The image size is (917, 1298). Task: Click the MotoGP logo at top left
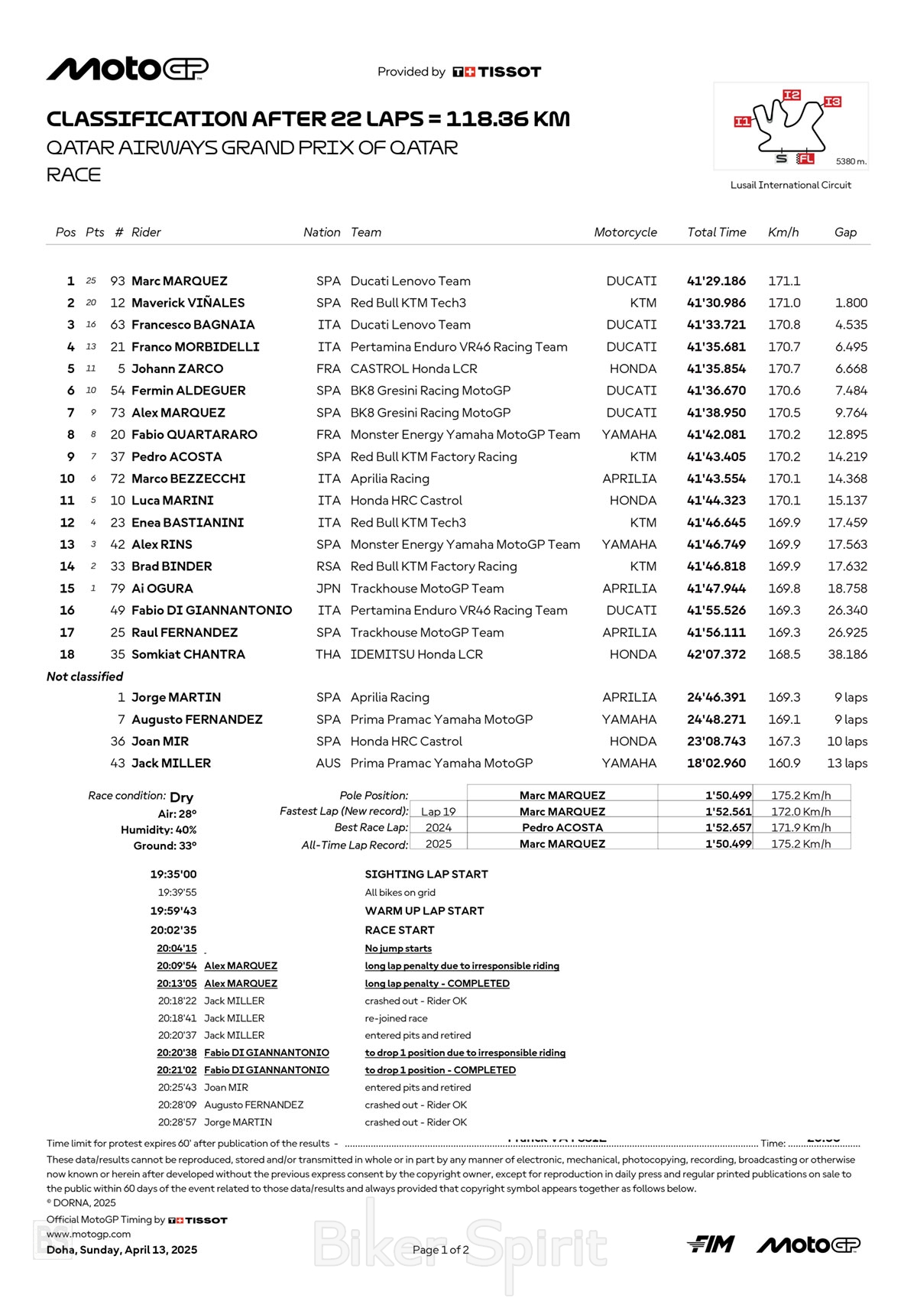[x=127, y=69]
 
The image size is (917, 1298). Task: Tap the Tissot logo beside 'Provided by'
[x=497, y=72]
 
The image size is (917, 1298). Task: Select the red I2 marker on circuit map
[x=792, y=95]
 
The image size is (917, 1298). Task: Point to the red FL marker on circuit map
[x=805, y=159]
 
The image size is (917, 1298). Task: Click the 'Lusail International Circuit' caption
[x=790, y=185]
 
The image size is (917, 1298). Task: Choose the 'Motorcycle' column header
[x=625, y=232]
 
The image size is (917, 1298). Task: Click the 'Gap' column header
[x=845, y=232]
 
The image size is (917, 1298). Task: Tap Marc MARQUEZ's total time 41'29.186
[x=716, y=281]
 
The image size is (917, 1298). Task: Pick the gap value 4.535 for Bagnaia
[x=851, y=325]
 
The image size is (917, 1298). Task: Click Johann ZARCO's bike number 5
[x=121, y=368]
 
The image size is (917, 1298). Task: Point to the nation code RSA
[x=329, y=566]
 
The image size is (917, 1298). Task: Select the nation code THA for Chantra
[x=328, y=654]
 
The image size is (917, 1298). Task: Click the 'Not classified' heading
[x=85, y=677]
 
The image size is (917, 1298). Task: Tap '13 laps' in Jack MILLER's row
[x=847, y=763]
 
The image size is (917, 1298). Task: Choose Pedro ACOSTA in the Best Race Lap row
[x=562, y=828]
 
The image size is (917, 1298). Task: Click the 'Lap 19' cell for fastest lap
[x=438, y=812]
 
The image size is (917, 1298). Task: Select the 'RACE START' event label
[x=400, y=930]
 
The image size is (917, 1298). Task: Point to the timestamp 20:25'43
[x=177, y=1088]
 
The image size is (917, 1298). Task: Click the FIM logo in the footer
[x=711, y=1244]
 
